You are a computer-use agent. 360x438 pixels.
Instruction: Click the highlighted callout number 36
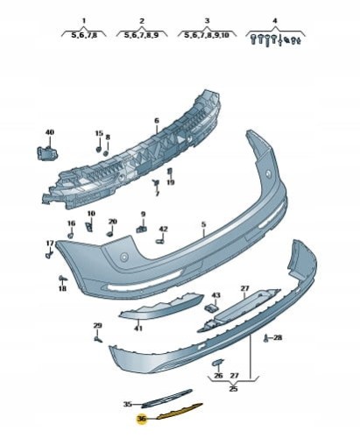tap(142, 419)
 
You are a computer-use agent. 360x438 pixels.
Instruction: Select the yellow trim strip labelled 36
tap(180, 411)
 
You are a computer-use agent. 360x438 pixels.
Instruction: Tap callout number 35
tap(127, 405)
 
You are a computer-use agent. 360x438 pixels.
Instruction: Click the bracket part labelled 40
tap(46, 153)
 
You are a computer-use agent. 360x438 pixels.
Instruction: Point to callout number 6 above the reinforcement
tap(157, 120)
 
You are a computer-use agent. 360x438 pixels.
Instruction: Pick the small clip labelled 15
tap(98, 149)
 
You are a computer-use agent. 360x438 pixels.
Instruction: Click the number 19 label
tap(171, 182)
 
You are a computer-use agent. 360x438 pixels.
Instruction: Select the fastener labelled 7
tap(156, 183)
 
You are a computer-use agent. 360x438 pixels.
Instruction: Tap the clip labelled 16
tap(70, 235)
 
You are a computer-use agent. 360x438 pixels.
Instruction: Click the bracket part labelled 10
tap(88, 226)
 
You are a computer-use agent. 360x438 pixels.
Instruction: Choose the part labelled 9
tap(141, 229)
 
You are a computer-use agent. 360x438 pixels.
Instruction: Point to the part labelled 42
tap(159, 241)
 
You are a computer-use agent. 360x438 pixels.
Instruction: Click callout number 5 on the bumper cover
tap(203, 224)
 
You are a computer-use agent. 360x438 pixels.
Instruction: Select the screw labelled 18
tap(63, 278)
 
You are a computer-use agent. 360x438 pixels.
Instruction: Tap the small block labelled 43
tap(211, 307)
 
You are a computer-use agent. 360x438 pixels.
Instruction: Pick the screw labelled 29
tap(98, 339)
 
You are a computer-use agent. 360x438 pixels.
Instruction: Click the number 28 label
tap(278, 338)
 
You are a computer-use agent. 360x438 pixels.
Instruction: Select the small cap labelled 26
tap(217, 363)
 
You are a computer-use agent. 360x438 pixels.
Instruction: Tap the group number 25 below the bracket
tap(233, 389)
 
